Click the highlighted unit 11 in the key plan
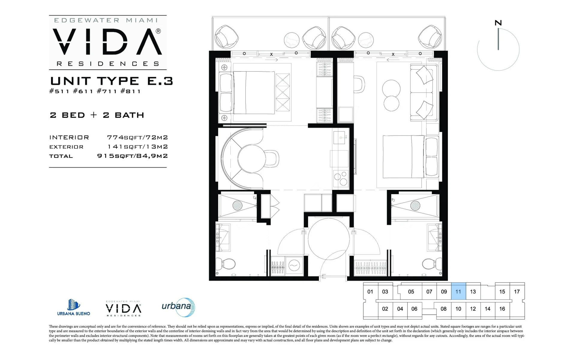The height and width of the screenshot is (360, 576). [x=458, y=291]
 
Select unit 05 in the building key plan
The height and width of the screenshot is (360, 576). [x=411, y=292]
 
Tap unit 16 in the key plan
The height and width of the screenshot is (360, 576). [x=502, y=309]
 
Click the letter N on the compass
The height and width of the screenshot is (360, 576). [x=498, y=23]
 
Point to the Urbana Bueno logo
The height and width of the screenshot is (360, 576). [x=73, y=307]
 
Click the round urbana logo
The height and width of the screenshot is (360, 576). [x=178, y=307]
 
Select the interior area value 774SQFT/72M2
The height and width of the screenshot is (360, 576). [x=137, y=137]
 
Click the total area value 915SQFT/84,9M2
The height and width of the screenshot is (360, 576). [x=132, y=156]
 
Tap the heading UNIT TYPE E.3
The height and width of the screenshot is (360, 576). [x=112, y=81]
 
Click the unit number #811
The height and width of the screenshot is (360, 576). [x=130, y=91]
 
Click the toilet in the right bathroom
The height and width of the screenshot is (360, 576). [x=432, y=264]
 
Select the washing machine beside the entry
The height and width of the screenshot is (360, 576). [x=294, y=265]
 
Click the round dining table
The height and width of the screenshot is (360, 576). [x=251, y=159]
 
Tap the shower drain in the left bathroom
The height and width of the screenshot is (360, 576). [x=238, y=205]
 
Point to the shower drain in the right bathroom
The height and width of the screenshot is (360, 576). [x=415, y=205]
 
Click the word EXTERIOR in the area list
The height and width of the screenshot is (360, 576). [x=66, y=147]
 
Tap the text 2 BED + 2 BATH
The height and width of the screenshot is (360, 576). [x=97, y=115]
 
